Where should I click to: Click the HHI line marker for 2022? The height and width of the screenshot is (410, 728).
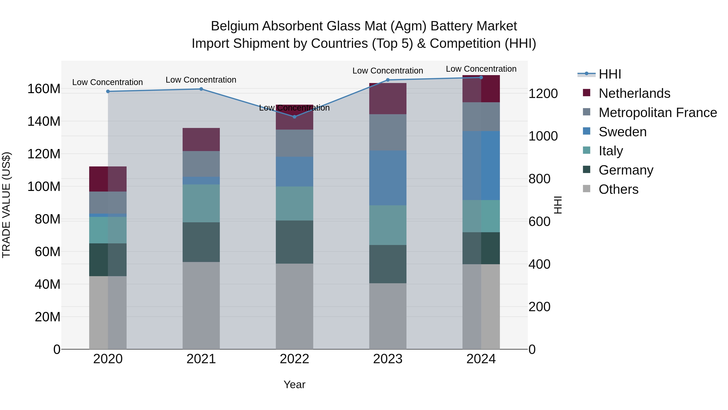point(294,117)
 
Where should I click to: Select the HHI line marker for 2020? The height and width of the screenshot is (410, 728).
point(108,91)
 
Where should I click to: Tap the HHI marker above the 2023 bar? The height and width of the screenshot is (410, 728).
point(388,80)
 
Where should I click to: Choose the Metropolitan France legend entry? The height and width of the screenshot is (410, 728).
point(657,113)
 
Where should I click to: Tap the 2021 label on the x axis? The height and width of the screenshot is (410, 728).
point(201,359)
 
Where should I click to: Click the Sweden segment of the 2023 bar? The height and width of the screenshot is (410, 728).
point(388,178)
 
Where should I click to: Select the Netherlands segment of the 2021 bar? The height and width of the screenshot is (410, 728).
point(201,139)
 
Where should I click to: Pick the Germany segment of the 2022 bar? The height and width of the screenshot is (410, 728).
point(294,242)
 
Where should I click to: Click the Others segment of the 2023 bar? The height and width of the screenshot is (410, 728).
point(388,316)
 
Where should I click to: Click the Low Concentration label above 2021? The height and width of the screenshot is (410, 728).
point(201,80)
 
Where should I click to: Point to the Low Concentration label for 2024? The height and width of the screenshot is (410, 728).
point(481,69)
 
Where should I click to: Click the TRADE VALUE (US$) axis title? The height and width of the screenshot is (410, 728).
point(6,205)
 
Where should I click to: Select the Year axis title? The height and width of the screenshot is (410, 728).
point(294,384)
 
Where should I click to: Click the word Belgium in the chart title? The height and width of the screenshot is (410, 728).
point(235,26)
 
